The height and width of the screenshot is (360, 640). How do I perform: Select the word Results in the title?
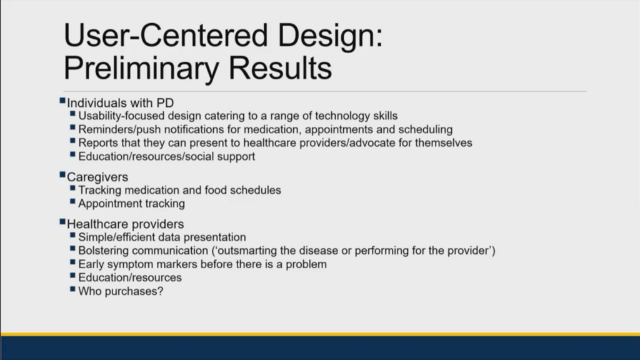pos(280,67)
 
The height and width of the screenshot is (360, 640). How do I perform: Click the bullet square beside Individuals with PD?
pos(62,101)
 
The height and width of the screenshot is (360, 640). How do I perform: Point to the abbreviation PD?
pos(165,103)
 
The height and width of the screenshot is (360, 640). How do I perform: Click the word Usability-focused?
pos(122,116)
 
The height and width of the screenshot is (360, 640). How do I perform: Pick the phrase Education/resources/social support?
pos(166,157)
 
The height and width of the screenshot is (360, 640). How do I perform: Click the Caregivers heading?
pos(97,177)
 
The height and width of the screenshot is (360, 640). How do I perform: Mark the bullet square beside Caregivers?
pos(62,175)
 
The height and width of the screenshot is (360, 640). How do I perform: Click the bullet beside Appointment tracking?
pos(72,201)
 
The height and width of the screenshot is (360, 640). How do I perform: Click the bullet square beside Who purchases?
pos(72,289)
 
